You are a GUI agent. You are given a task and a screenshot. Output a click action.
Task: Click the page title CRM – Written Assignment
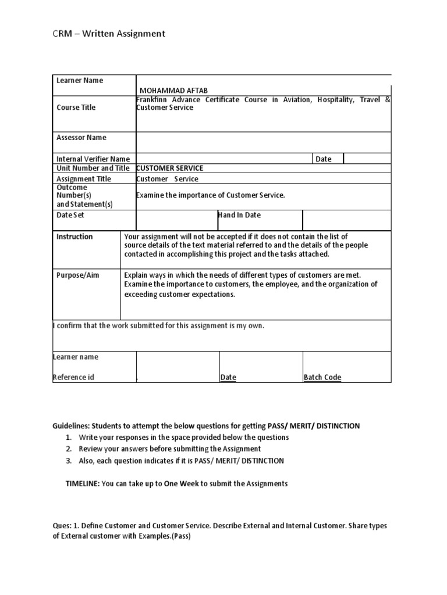click(108, 34)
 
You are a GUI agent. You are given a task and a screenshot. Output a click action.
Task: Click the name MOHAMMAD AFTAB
click(173, 90)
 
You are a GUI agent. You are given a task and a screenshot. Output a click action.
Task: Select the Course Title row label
click(76, 107)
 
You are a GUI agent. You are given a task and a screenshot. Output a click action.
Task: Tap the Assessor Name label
click(81, 138)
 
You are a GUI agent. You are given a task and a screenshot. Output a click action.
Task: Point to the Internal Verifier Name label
click(93, 159)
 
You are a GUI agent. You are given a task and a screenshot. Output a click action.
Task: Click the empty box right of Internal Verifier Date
click(367, 159)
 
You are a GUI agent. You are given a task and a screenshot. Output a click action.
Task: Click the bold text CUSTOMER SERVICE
click(170, 168)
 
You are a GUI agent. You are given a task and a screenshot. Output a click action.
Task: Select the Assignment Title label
click(84, 179)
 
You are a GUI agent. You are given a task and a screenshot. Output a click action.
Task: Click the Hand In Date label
click(239, 215)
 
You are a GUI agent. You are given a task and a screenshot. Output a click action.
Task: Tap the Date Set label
click(70, 215)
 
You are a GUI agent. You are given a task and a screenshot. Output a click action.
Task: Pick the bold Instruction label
click(74, 236)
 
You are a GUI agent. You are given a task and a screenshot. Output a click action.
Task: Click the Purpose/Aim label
click(77, 275)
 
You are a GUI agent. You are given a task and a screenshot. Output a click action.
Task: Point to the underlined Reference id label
click(73, 377)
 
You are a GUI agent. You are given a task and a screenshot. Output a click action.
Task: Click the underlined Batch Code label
click(322, 377)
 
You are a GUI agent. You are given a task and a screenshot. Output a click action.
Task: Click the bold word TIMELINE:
click(83, 483)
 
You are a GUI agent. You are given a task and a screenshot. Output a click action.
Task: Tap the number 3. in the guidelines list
click(69, 461)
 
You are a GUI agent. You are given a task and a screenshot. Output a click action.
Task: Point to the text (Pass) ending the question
click(179, 536)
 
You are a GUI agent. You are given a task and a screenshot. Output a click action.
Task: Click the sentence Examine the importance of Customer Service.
click(211, 195)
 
